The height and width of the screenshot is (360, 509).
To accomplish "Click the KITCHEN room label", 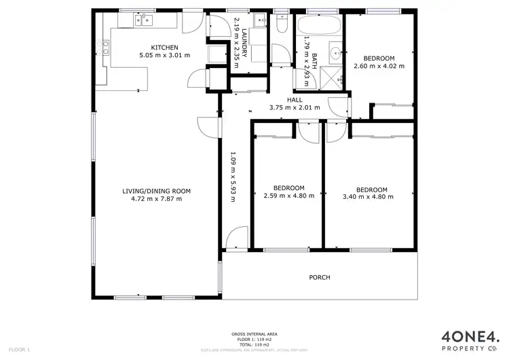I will click(165, 47).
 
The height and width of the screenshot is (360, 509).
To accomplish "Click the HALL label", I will click(295, 100).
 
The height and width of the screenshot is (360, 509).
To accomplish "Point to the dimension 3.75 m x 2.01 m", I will click(295, 107).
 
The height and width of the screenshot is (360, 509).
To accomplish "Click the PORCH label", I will click(320, 277).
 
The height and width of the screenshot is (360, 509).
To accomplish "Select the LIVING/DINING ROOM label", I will click(156, 191).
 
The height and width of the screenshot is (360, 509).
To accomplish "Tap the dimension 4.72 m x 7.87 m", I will click(156, 199).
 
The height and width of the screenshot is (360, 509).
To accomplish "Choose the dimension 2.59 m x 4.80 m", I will click(288, 197).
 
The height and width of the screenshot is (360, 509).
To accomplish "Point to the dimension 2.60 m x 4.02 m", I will click(379, 66).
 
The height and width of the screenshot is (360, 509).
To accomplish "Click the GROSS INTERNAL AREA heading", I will click(254, 334).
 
